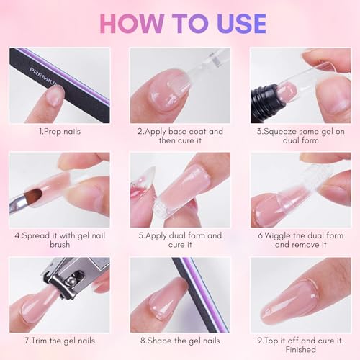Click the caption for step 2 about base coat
point(180,137)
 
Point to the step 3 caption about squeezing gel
point(300,137)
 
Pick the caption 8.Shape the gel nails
point(180,341)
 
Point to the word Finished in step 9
point(300,350)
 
